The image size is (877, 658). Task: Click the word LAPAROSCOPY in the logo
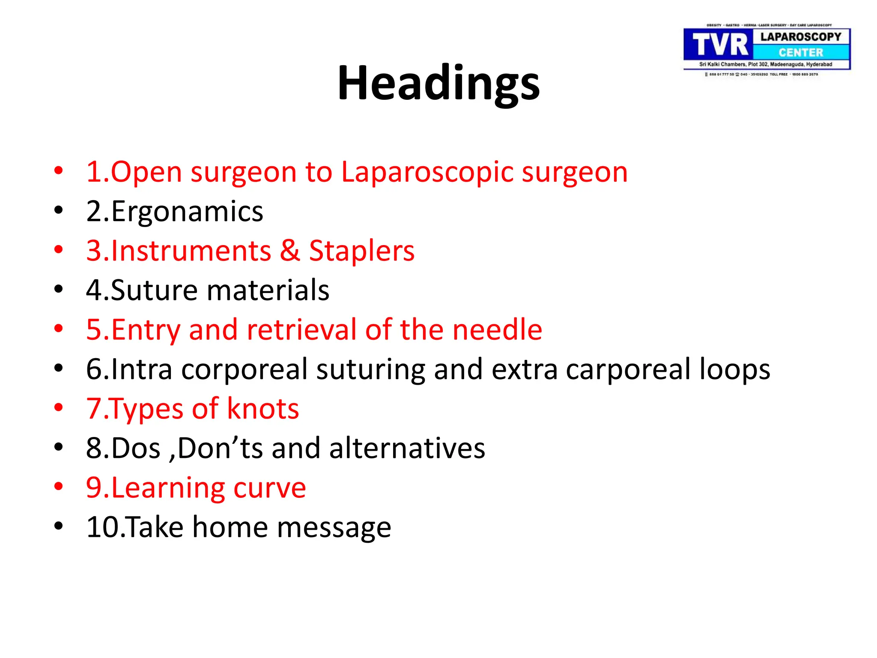801,37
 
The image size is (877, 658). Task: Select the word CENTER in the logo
801,53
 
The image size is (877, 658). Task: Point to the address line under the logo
766,64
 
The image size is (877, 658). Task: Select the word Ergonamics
187,211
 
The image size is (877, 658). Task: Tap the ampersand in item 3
290,251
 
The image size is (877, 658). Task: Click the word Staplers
362,251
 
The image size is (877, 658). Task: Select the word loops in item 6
735,370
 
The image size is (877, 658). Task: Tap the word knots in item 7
263,409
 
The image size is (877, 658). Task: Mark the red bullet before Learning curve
59,487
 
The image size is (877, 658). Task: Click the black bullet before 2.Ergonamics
59,210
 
